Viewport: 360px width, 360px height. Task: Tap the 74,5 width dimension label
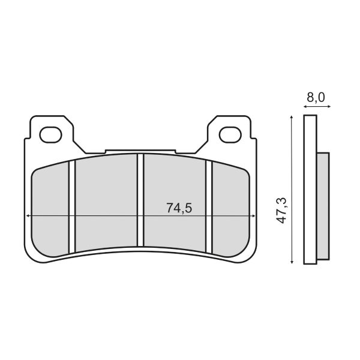[178, 208]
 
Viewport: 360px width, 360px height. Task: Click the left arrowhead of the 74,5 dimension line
[26, 215]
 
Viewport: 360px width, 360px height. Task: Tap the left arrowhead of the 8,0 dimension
[305, 107]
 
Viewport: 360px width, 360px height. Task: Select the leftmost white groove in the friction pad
[71, 207]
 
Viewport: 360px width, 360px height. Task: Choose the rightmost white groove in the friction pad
[209, 207]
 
